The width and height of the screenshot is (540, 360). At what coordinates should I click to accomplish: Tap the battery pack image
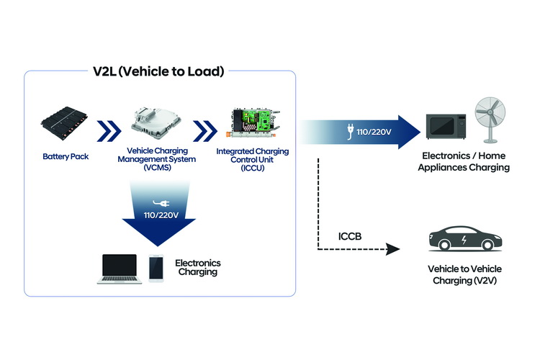[x=65, y=124]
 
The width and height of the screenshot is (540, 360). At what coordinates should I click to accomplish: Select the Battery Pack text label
[x=65, y=156]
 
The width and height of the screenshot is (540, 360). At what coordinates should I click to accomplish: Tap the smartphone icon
[x=156, y=269]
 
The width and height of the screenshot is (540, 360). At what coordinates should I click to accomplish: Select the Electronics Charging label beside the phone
[x=198, y=268]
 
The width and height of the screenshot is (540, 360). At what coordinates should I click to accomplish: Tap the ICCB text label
[x=349, y=237]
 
